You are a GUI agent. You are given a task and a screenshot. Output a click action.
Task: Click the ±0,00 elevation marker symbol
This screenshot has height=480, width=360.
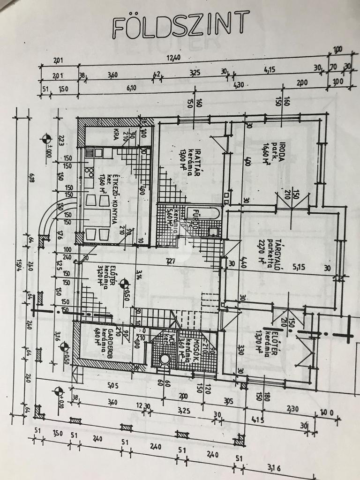coord(46,138)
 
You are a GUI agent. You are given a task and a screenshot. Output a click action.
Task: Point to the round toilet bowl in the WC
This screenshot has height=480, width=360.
coord(165,360)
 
